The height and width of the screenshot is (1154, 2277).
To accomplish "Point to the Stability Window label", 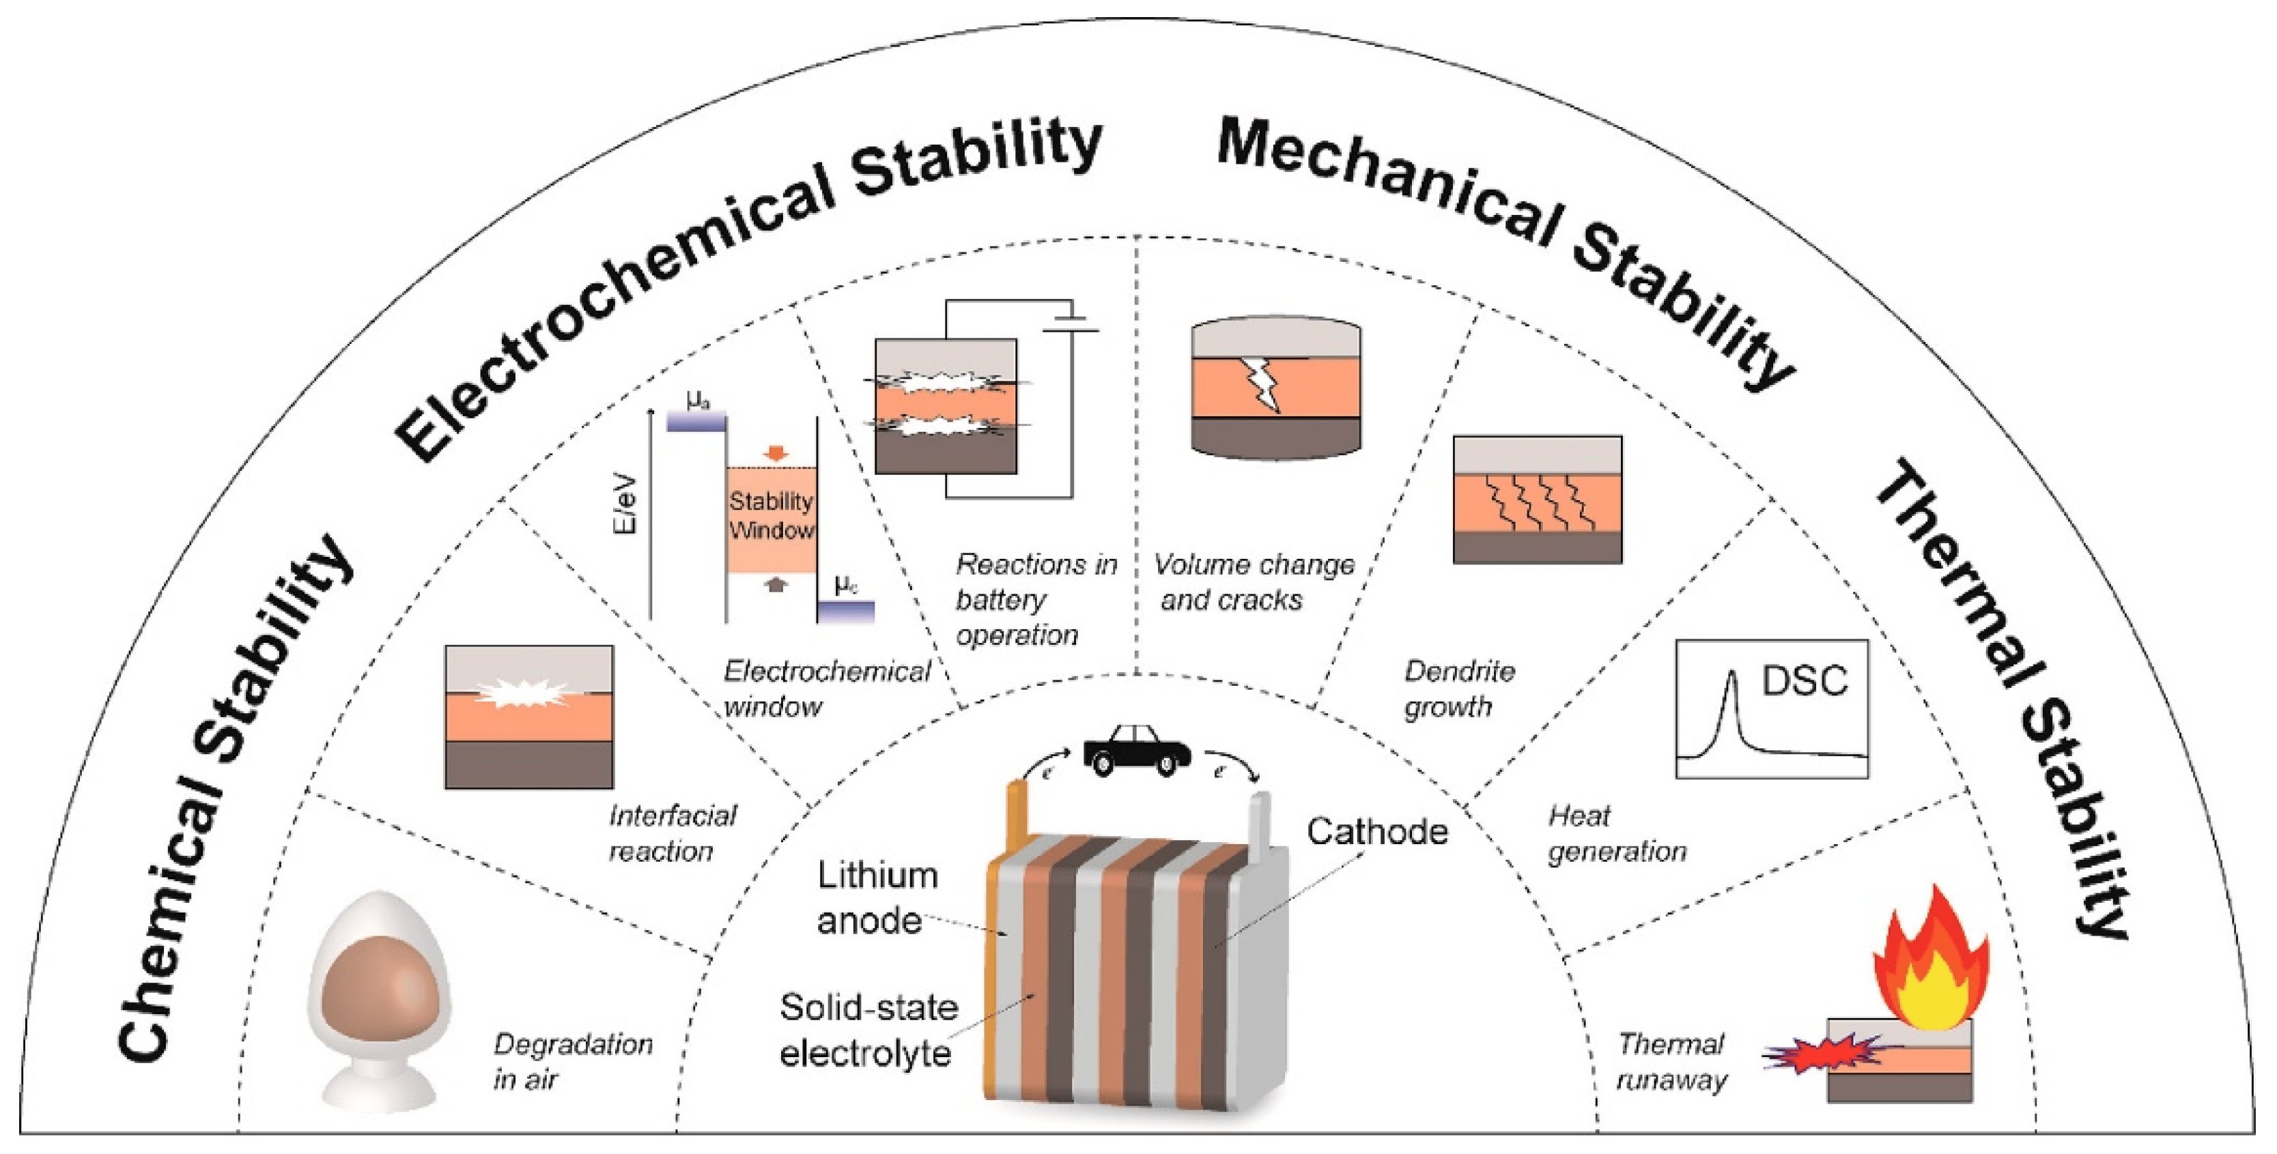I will [771, 516].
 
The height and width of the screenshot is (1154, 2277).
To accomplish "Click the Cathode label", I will [1377, 831].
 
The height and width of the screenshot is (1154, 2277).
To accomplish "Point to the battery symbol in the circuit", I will [1071, 323].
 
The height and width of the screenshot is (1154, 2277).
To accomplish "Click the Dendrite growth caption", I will [1458, 689].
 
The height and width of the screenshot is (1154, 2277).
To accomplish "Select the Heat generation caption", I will [1616, 833].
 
